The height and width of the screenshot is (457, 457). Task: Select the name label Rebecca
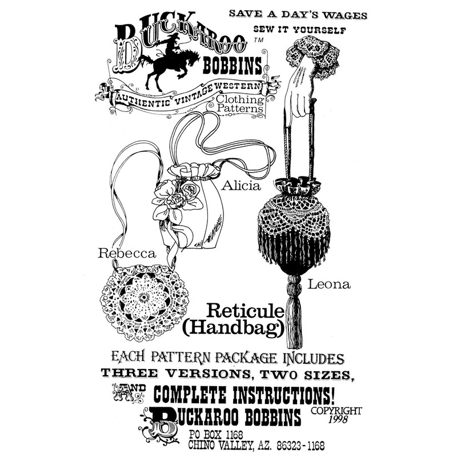click(127, 253)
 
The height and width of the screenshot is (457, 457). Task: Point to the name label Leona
click(329, 283)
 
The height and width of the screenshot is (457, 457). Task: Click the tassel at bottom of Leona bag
click(294, 320)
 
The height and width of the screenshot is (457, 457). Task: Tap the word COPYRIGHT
click(336, 410)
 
